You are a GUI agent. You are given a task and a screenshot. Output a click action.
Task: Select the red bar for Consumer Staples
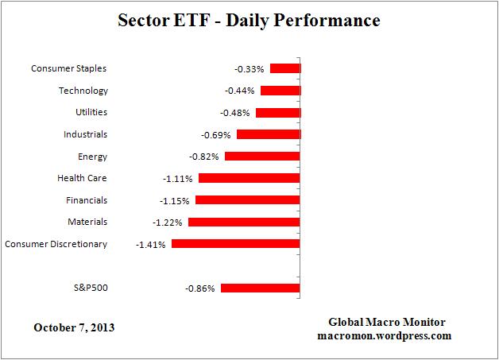(x=284, y=69)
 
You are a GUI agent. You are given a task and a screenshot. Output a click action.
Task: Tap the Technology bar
(x=280, y=91)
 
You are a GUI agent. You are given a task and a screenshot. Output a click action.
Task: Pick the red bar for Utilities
(x=277, y=113)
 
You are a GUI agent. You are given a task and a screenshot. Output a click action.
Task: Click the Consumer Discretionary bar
(x=235, y=244)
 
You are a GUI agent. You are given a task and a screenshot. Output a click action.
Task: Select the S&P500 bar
(x=260, y=288)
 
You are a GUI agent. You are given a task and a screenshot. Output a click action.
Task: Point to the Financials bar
(x=247, y=200)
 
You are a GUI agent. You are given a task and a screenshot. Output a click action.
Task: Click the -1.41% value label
(x=151, y=245)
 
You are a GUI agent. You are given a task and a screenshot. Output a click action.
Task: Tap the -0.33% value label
(x=249, y=70)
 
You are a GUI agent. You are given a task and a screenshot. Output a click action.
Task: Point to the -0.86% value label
(x=200, y=288)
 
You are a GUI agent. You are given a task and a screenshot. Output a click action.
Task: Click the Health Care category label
(x=82, y=179)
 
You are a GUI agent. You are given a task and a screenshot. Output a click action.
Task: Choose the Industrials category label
(x=85, y=134)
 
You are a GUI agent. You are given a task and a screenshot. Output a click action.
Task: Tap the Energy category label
(x=93, y=157)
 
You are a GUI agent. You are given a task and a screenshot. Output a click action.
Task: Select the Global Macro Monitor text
(x=387, y=322)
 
